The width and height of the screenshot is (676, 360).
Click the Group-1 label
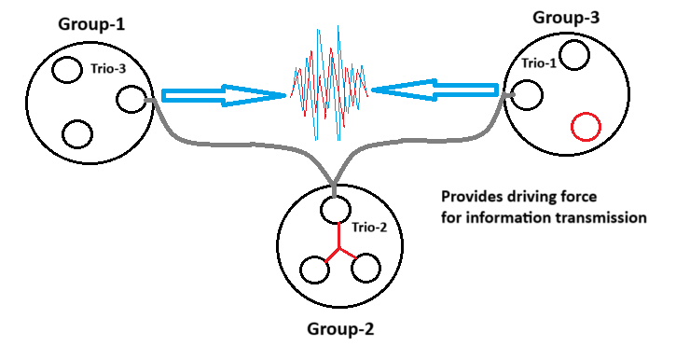coord(91,24)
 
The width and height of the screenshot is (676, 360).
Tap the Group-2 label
coord(340,329)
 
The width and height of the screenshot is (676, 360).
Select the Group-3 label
coord(566,18)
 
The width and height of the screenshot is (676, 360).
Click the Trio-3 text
coord(108,68)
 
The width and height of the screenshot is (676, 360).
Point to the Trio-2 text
coord(369,227)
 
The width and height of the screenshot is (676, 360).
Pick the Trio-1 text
coord(539,62)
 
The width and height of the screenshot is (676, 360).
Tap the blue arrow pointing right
coord(224,95)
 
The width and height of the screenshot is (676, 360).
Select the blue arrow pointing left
coord(435,90)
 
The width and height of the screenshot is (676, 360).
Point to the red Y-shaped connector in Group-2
coord(339,247)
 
